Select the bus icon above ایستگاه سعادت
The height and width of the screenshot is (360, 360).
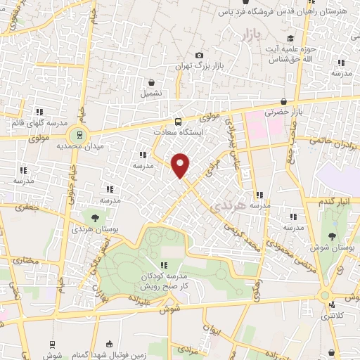pyautogui.click(x=177, y=121)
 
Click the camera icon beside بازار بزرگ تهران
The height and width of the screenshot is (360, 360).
pyautogui.click(x=200, y=56)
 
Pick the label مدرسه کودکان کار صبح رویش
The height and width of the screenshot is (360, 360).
pyautogui.click(x=164, y=281)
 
